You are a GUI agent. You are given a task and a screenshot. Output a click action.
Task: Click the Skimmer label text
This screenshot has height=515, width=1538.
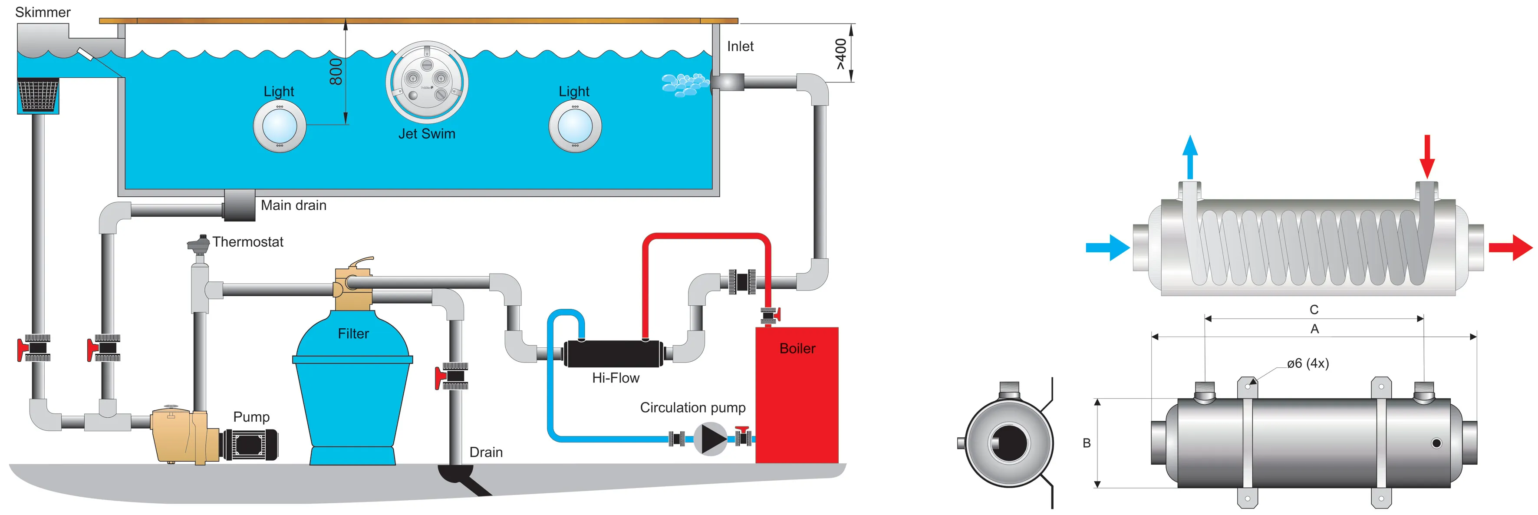[43, 13]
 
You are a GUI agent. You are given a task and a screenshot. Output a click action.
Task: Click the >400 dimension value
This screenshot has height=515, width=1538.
[841, 54]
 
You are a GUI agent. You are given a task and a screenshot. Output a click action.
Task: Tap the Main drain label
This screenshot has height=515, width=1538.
[293, 205]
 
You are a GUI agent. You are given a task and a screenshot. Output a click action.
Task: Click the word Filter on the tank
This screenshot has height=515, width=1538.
[353, 334]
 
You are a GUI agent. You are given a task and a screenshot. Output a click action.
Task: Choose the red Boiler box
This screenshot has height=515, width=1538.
[797, 394]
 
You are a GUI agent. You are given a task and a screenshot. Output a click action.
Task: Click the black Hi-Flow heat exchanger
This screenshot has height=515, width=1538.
[613, 353]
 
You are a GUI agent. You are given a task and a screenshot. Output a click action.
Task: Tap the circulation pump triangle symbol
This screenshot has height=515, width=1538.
[711, 439]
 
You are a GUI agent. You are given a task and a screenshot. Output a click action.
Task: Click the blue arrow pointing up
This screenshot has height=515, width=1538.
[1190, 156]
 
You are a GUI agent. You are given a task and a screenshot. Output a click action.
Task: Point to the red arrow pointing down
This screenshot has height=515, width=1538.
[1427, 156]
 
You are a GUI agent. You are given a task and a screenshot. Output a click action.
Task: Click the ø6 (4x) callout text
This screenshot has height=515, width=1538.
[1307, 363]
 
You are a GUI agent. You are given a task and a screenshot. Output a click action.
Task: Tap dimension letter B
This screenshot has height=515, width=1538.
[1087, 443]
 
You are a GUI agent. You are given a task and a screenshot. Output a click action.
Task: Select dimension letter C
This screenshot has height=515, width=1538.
[1314, 310]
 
